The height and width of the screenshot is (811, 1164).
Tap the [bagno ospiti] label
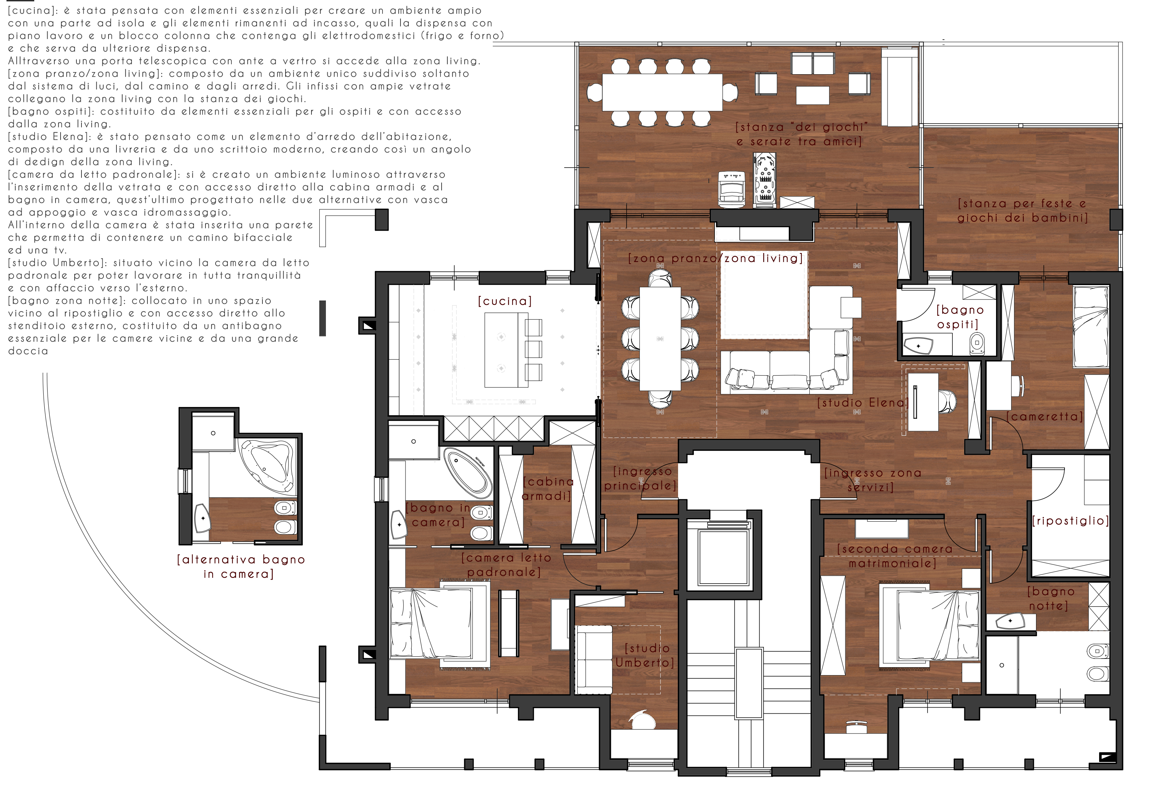point(959,317)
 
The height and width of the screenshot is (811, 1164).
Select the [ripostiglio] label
point(1070,520)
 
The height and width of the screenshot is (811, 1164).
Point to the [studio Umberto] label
point(645,655)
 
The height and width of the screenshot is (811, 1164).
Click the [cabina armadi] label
point(548,489)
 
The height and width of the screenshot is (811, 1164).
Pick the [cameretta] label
point(1044,417)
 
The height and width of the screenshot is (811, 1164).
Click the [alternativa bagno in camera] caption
point(240,567)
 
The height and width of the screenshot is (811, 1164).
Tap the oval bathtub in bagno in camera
point(468,473)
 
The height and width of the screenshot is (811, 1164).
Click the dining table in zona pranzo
point(660,338)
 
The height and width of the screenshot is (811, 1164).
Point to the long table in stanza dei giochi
point(662,92)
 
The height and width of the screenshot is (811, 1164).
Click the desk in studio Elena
point(923,402)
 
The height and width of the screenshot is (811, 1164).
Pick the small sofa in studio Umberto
point(594,659)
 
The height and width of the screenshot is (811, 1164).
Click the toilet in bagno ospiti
point(977,343)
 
